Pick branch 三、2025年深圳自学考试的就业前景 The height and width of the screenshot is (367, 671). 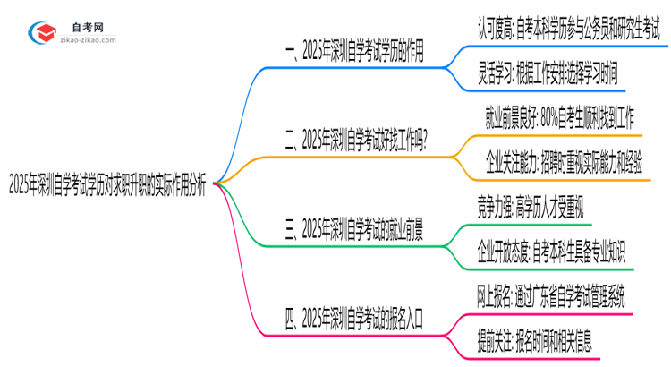coord(354,230)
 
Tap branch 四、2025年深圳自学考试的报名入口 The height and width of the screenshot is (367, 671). coord(355,317)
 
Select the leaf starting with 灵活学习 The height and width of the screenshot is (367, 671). coord(548,73)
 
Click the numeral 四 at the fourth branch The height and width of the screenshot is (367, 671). coord(290,317)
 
